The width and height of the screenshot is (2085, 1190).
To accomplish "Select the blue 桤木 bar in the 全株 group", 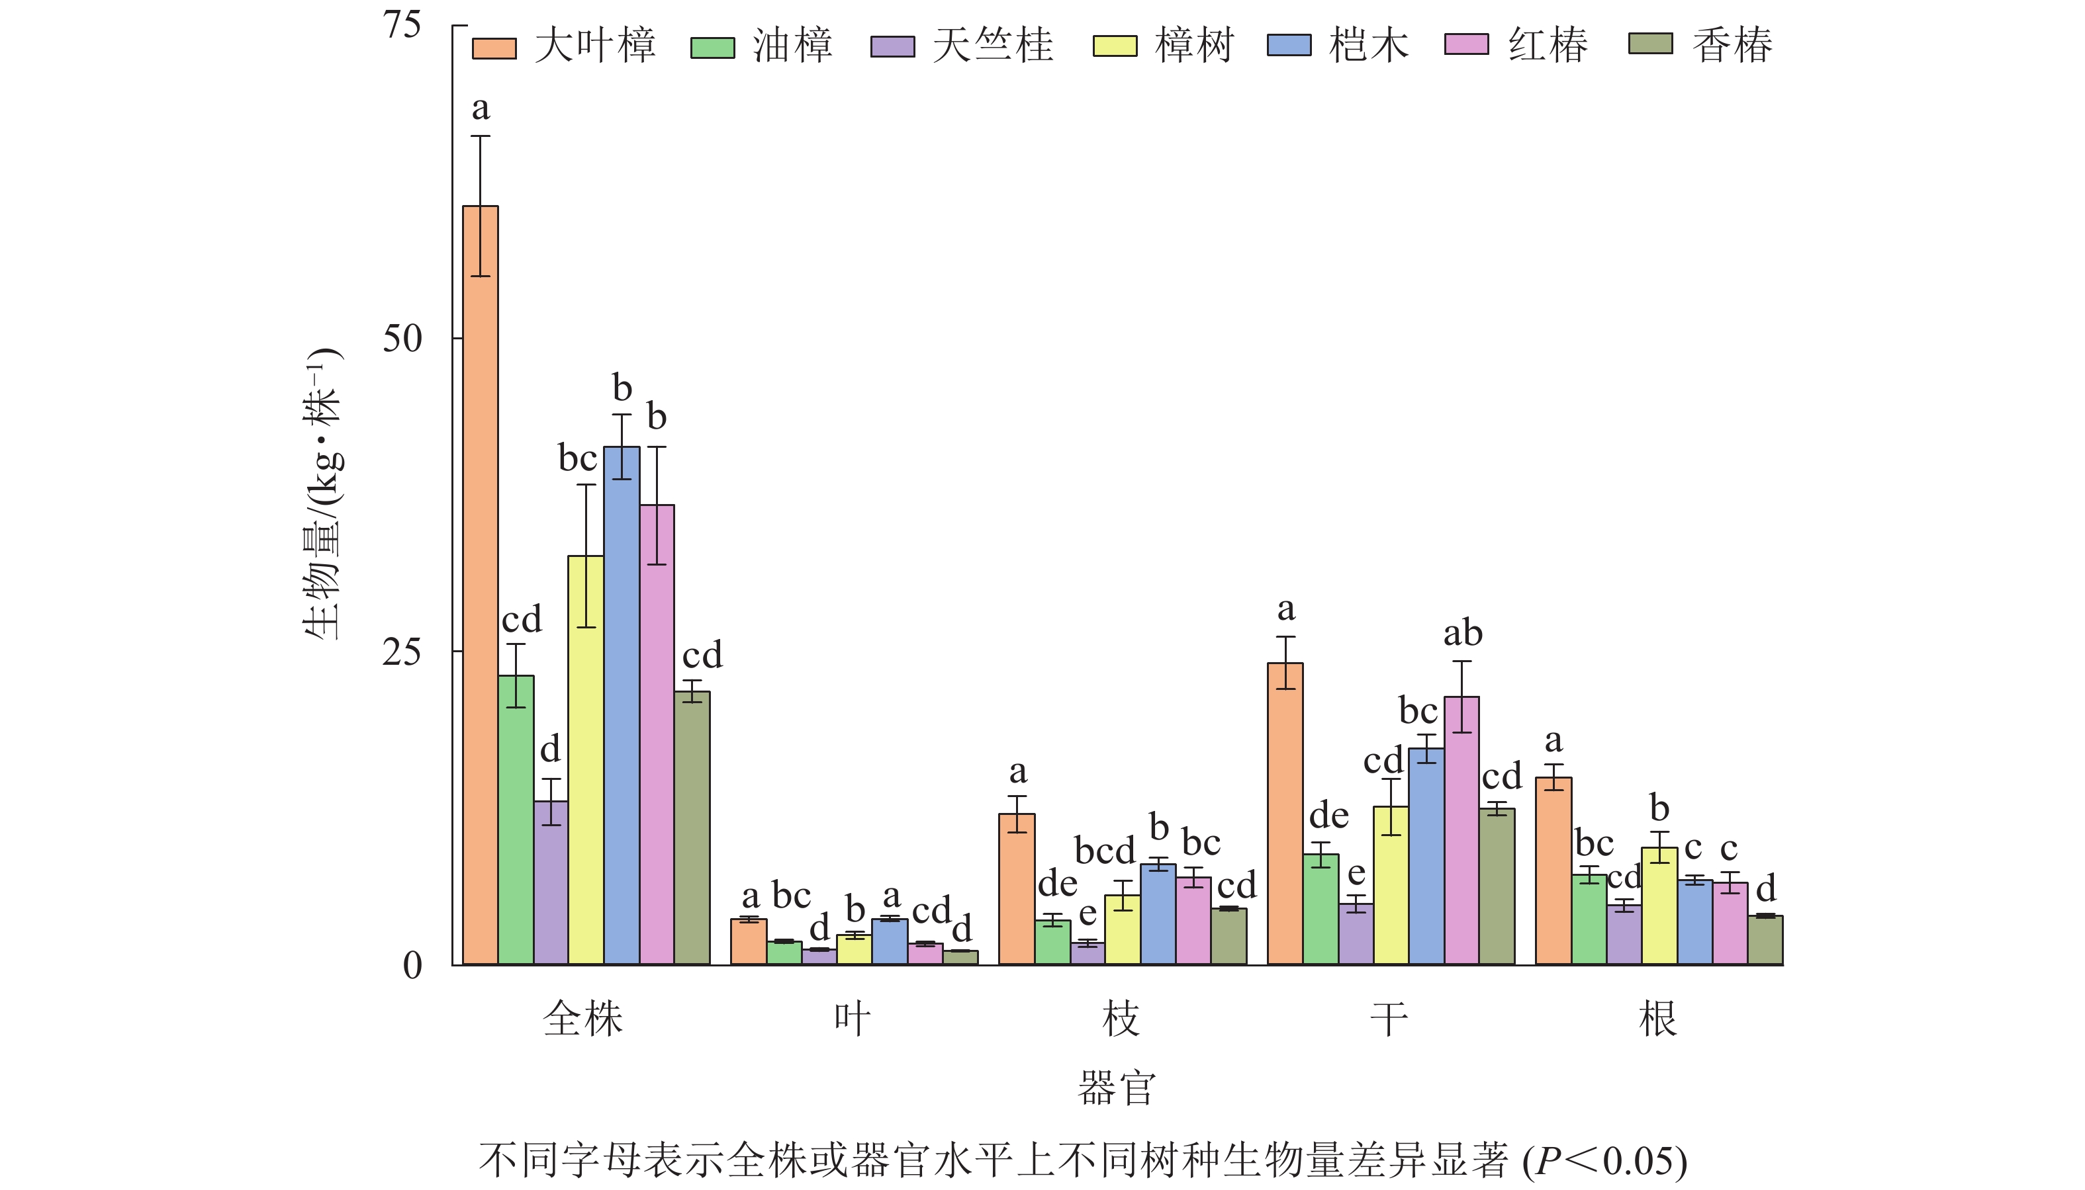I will coord(622,704).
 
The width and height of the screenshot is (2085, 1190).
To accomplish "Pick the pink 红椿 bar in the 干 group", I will coord(1461,829).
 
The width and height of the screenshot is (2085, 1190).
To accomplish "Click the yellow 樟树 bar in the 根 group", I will coord(1659,906).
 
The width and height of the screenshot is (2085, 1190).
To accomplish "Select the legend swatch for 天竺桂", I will coord(893,46).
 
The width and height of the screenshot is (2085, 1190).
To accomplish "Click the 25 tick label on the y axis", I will coord(402,652).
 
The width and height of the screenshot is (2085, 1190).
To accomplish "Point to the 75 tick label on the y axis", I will coord(402,25).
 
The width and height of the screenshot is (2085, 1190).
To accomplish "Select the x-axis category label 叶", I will coord(852,1019).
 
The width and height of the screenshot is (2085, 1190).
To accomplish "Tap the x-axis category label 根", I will coord(1658,1019).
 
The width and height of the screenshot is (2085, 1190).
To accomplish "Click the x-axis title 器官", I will coord(1117,1088).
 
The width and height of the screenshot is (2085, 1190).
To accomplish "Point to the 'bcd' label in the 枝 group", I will coord(1104,851).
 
